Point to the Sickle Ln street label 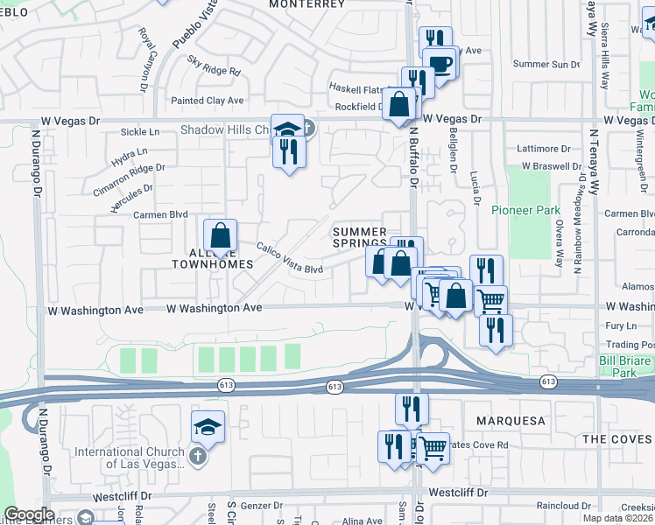[142, 132]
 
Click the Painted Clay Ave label [208, 101]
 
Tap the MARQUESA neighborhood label [511, 421]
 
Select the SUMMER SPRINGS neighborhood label [359, 236]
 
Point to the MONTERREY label [306, 4]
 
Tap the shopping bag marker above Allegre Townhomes [221, 235]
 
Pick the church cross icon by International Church [199, 456]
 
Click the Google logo [29, 514]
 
